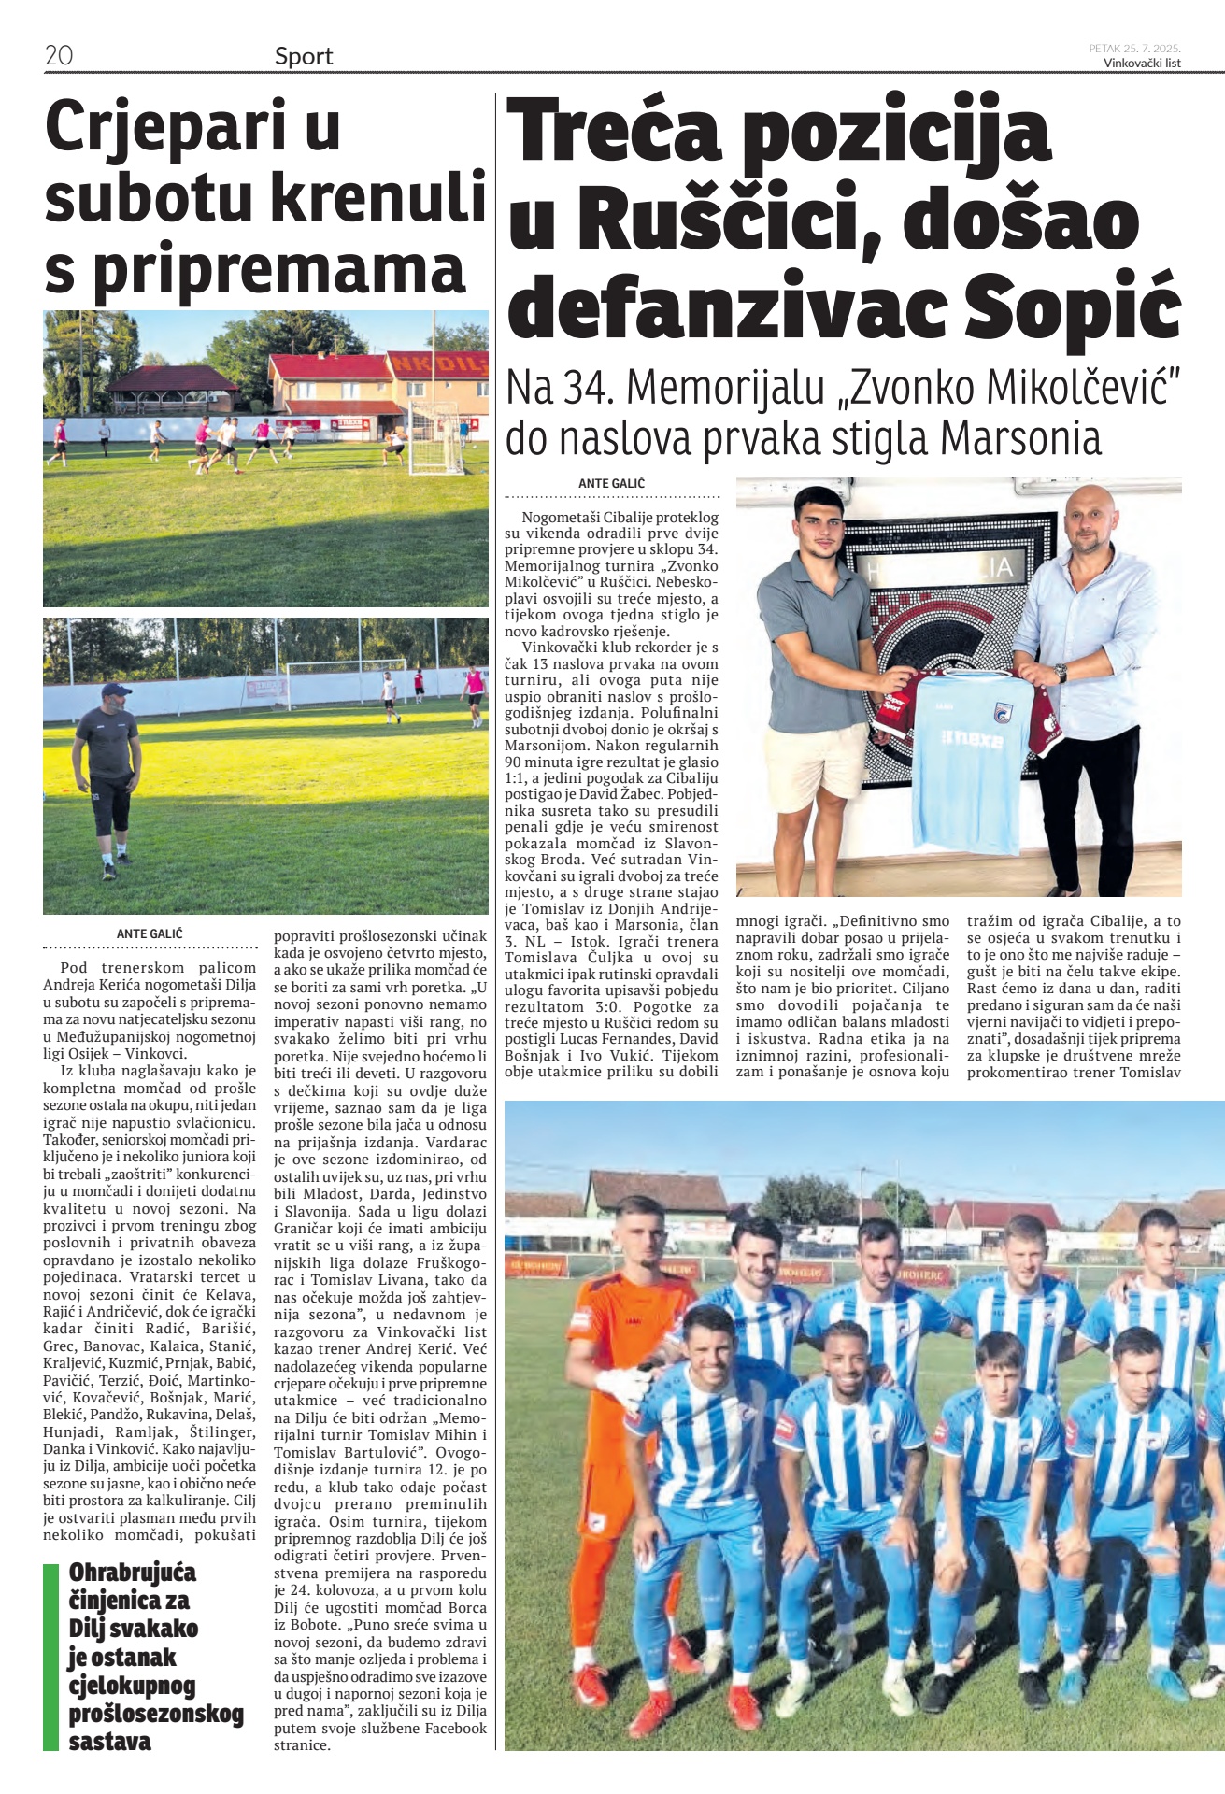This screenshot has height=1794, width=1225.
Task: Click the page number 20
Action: click(x=59, y=55)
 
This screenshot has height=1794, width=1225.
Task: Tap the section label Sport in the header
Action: click(x=304, y=56)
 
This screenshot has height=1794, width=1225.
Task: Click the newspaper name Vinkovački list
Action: click(x=1142, y=64)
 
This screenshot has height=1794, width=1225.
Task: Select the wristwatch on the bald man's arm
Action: click(x=1061, y=673)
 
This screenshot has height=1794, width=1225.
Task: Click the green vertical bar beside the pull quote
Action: click(x=50, y=1657)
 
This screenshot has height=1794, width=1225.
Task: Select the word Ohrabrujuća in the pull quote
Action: click(x=133, y=1573)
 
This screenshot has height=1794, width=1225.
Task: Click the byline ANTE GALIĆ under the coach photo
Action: click(x=150, y=933)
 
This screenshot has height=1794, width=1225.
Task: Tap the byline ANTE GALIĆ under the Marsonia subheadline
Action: click(x=611, y=483)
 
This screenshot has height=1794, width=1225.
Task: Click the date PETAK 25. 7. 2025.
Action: click(x=1134, y=49)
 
